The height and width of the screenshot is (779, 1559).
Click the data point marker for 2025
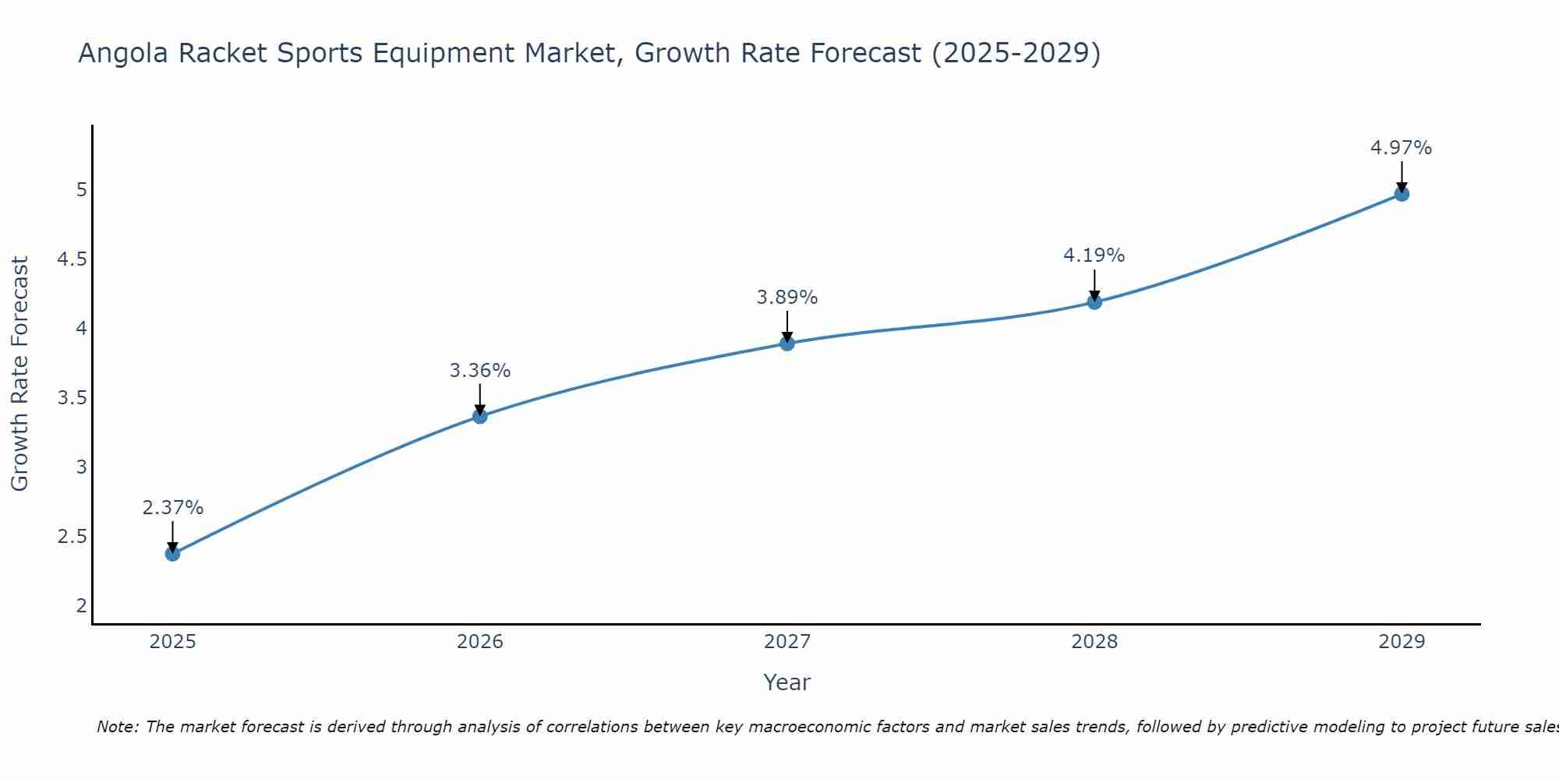click(172, 554)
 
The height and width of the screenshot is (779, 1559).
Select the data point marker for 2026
click(480, 417)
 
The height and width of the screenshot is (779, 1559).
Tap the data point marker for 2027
click(787, 344)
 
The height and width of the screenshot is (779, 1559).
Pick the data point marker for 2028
click(1094, 302)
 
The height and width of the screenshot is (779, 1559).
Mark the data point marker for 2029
click(1402, 194)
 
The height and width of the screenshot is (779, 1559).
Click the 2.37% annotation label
click(172, 508)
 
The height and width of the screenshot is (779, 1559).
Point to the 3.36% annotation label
click(480, 371)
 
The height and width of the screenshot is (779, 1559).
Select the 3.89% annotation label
click(787, 298)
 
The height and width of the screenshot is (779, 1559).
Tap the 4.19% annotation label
click(1094, 256)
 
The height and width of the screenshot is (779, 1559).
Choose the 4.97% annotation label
click(1402, 148)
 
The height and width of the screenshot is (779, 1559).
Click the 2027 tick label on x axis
click(787, 642)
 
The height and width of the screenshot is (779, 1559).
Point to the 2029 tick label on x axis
click(1402, 642)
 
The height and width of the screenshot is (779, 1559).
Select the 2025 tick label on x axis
click(172, 642)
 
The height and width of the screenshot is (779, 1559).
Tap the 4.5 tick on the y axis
click(72, 259)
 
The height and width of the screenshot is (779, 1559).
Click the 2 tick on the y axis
click(81, 606)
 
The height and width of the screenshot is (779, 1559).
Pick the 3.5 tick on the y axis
click(72, 398)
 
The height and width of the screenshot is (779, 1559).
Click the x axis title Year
click(787, 682)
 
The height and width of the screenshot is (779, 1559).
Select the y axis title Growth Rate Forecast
click(19, 374)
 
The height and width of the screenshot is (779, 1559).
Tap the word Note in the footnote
click(117, 727)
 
